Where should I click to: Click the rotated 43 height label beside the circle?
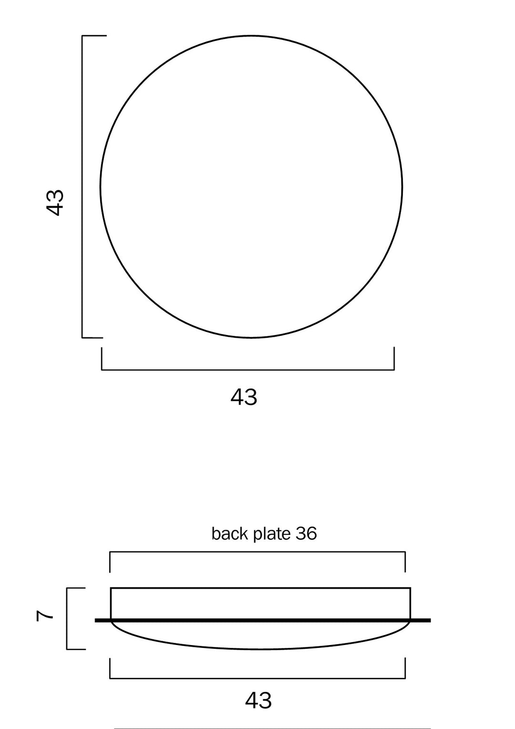coord(55,202)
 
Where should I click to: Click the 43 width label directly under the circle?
coord(244,397)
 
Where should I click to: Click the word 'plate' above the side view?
coord(272,534)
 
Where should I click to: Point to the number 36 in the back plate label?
coord(306,534)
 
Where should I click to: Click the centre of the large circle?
coord(251,187)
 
